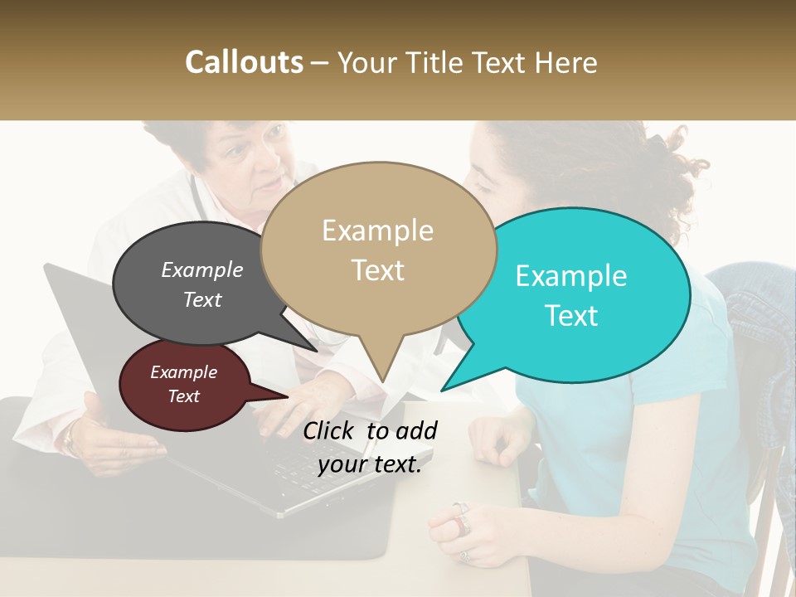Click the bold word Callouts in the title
244,62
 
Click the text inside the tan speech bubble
377,250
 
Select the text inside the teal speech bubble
571,295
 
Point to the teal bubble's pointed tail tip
443,389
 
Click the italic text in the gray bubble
202,284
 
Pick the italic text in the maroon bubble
183,384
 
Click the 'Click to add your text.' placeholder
369,447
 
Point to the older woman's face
248,162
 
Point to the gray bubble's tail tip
316,350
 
